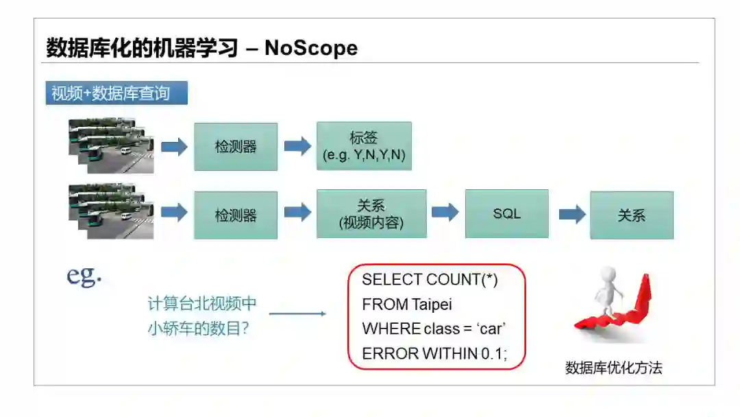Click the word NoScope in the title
point(311,47)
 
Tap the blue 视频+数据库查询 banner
point(116,93)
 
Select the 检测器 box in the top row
point(236,147)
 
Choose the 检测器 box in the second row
point(236,215)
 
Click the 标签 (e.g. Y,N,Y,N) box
point(364,146)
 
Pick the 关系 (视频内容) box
point(371,214)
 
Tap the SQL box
point(506,213)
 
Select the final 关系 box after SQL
point(631,215)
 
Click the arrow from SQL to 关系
point(572,214)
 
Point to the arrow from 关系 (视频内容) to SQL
point(445,212)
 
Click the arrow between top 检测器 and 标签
point(297,146)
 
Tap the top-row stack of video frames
point(111,145)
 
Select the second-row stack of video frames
point(111,211)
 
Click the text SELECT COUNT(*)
point(430,280)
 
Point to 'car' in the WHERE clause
point(491,329)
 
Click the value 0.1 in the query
point(489,353)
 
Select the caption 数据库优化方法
point(613,368)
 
